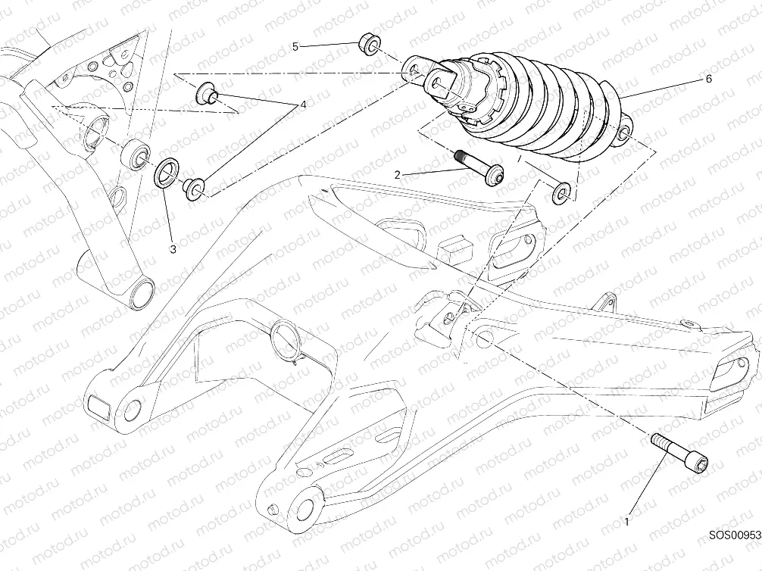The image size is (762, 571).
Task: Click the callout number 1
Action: pyautogui.click(x=627, y=521)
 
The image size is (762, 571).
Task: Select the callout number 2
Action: pyautogui.click(x=396, y=174)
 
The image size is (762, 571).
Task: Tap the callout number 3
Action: pyautogui.click(x=173, y=248)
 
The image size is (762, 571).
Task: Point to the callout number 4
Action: pyautogui.click(x=303, y=105)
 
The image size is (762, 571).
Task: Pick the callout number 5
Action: pyautogui.click(x=296, y=47)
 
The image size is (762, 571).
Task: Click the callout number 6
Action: pyautogui.click(x=708, y=78)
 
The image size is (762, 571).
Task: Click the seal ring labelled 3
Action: pyautogui.click(x=167, y=172)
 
